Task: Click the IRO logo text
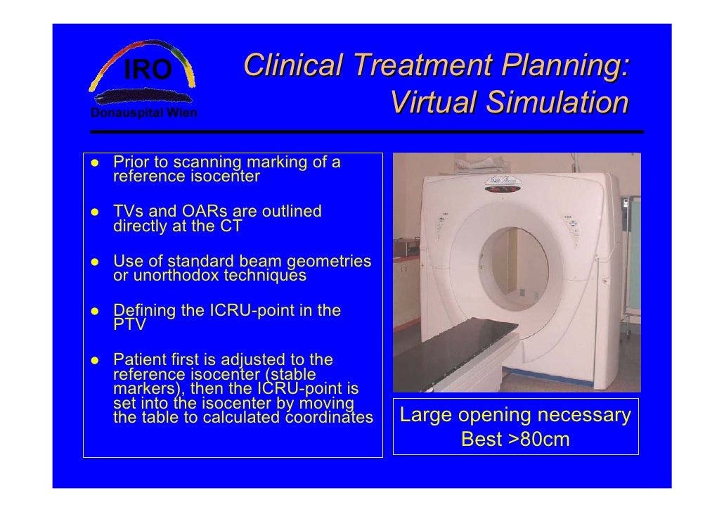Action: (148, 70)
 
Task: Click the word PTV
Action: (129, 325)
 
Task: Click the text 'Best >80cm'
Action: (515, 440)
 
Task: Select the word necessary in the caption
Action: (587, 416)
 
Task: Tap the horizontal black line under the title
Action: (366, 132)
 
